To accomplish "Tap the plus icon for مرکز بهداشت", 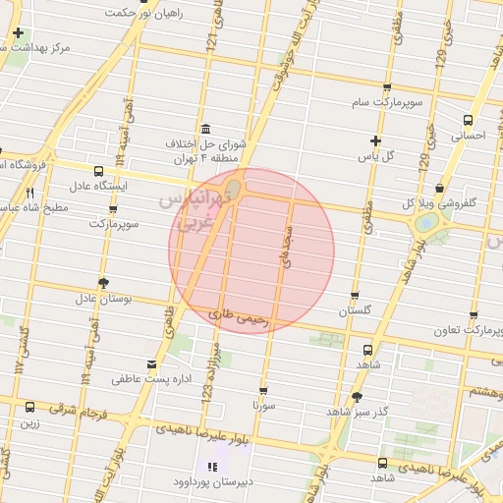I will click(19, 33).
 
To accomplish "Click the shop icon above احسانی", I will click(468, 121).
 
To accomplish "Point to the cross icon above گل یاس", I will click(374, 140).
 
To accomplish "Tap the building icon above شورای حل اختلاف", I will click(204, 130).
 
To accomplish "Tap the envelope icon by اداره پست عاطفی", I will click(150, 363).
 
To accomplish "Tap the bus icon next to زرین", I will click(29, 407).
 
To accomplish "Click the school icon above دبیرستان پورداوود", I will click(212, 467).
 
